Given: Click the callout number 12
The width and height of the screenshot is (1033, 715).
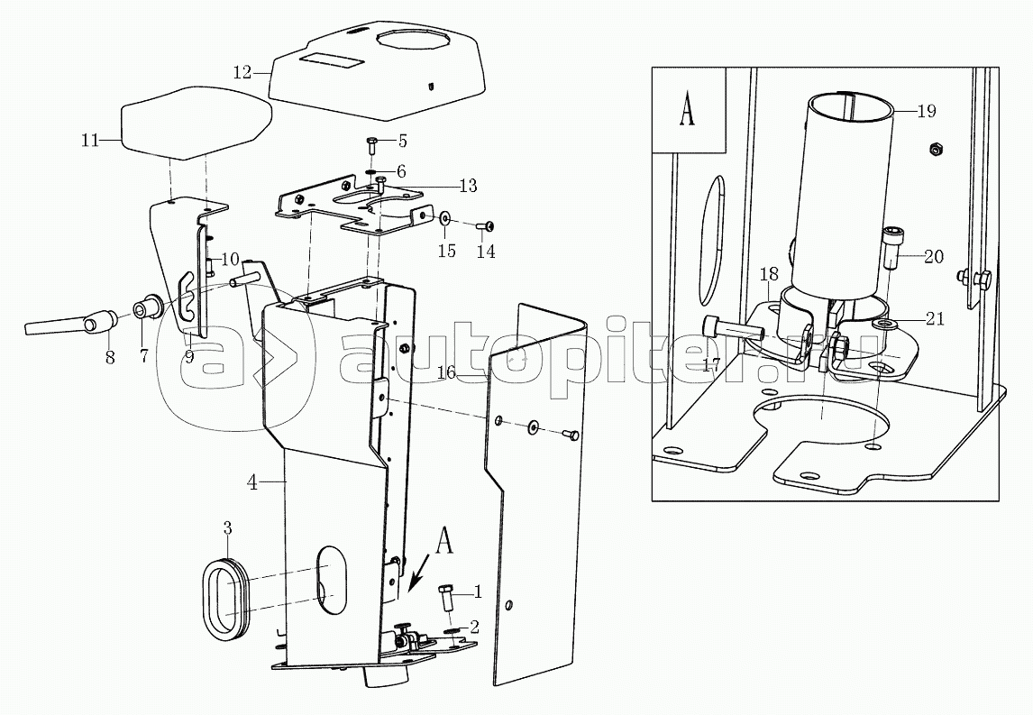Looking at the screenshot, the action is click(x=242, y=72).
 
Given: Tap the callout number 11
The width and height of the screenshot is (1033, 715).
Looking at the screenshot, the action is click(x=89, y=140).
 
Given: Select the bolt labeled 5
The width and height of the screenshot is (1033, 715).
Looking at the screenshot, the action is click(x=370, y=145).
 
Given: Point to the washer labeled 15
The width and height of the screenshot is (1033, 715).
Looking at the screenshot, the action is click(x=444, y=217).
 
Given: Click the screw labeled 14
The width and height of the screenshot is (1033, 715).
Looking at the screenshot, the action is click(x=486, y=226).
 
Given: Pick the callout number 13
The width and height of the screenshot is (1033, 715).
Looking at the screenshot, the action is click(x=468, y=186).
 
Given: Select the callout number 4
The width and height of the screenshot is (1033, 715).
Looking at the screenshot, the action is click(x=252, y=483).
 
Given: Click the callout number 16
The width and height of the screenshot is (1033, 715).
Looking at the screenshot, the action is click(x=447, y=372).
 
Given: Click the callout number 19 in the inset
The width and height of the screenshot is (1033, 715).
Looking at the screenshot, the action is click(x=927, y=111).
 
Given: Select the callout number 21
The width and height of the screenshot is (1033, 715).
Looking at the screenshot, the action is click(x=935, y=319).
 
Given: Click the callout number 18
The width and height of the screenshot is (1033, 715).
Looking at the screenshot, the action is click(x=770, y=273).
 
